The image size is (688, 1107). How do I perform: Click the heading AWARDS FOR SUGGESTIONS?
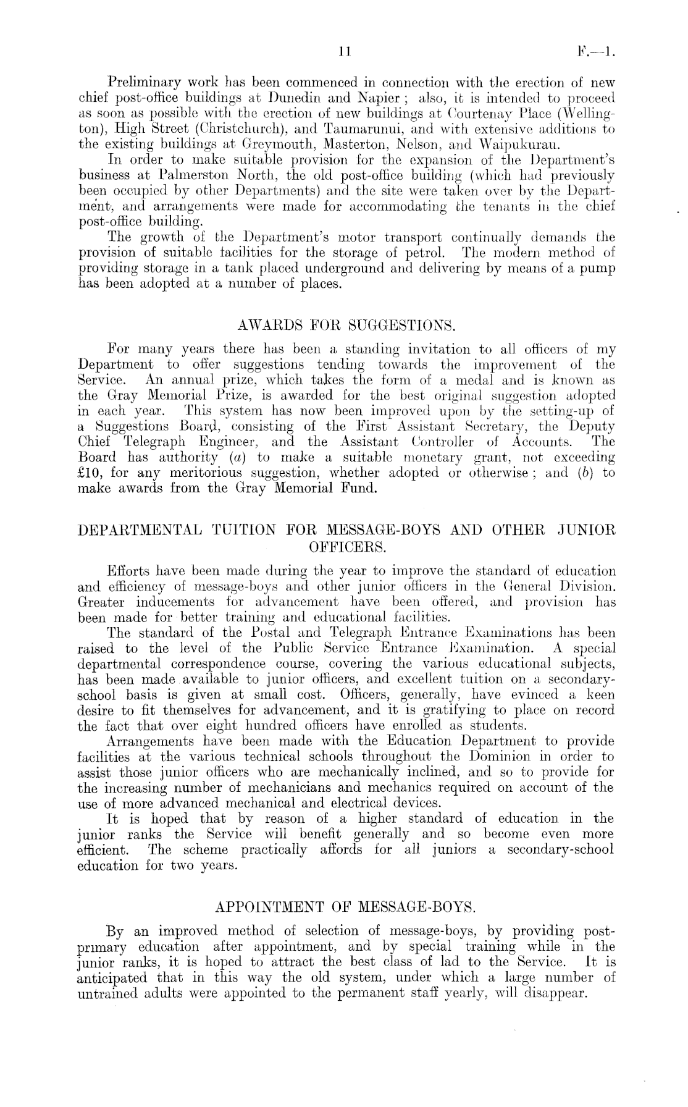point(346,324)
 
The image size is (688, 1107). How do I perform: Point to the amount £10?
point(93,473)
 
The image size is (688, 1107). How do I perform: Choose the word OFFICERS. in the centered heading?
point(346,547)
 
